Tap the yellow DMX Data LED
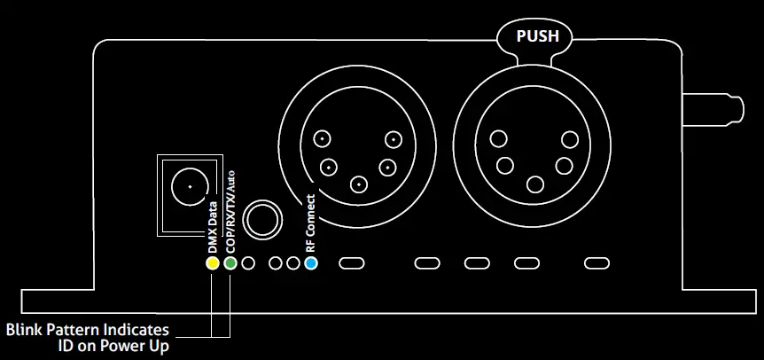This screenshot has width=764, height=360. pos(212,263)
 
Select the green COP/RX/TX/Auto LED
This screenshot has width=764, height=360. pos(230,263)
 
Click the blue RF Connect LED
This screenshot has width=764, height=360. pos(310,263)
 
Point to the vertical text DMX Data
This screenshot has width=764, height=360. pos(213,223)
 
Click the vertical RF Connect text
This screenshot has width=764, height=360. pos(310,223)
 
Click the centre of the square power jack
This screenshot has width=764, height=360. pos(187,187)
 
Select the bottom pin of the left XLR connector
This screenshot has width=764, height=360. pos(358,184)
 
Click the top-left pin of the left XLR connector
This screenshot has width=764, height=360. pos(324,138)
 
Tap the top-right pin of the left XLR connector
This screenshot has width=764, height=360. pos(393,138)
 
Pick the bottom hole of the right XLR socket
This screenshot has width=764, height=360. pos(534,184)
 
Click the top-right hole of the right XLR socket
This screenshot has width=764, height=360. pos(569,138)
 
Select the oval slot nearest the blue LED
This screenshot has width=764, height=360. pos(353,263)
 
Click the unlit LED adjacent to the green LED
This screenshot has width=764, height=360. pos(249,263)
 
